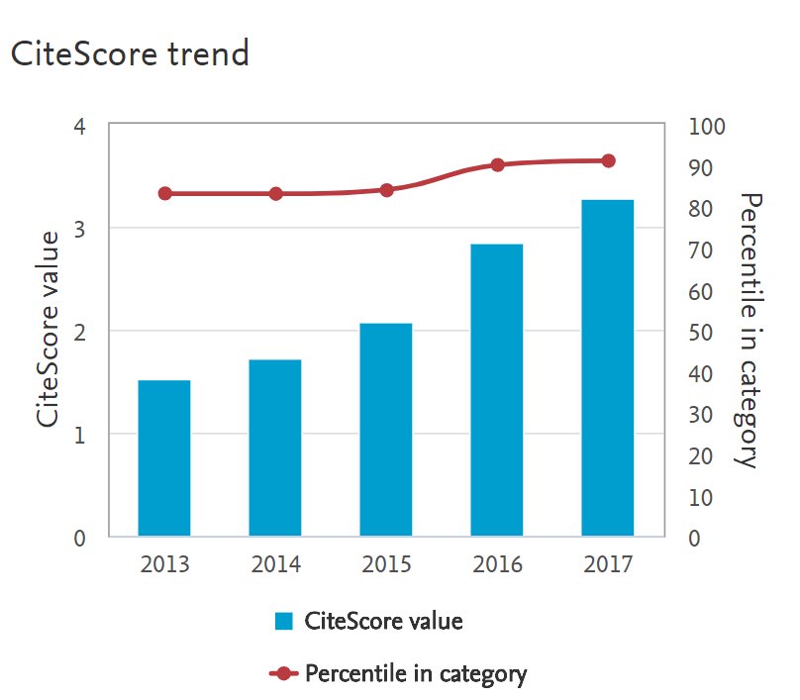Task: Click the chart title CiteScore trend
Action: (x=129, y=53)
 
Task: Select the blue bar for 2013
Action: (x=164, y=457)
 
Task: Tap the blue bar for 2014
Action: (x=275, y=448)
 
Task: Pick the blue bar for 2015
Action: (x=386, y=430)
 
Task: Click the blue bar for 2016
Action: (x=497, y=390)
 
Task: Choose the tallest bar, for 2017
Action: (x=608, y=368)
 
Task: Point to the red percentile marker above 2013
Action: (x=165, y=194)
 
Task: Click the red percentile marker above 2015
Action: (x=387, y=190)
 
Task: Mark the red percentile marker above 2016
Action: (x=498, y=165)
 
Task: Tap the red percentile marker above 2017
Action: (x=609, y=161)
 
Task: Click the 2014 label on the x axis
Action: (x=275, y=566)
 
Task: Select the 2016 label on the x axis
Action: (x=497, y=566)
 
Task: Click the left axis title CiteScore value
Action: (x=47, y=328)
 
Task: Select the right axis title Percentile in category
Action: (x=750, y=330)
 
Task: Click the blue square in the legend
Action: (x=284, y=622)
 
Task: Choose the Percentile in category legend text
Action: (x=416, y=674)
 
